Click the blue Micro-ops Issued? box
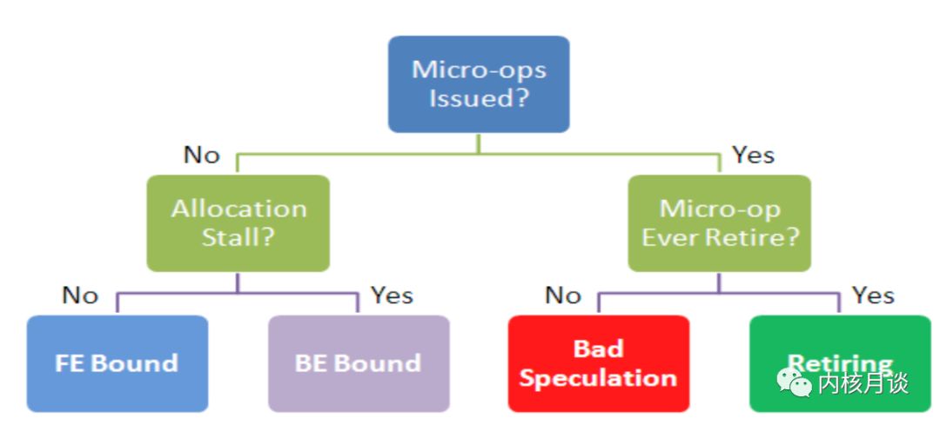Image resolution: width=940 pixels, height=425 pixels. coord(479,83)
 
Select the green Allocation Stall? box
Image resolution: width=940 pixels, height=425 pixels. coord(238,222)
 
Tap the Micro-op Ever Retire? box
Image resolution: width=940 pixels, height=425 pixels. coord(719,222)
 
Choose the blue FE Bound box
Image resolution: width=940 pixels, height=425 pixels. coord(117,362)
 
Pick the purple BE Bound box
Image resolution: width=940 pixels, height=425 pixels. coord(358,362)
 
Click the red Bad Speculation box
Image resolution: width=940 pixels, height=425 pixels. coord(598,362)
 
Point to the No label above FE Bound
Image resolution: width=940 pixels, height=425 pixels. coord(80,296)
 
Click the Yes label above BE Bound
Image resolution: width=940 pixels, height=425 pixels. coord(392,296)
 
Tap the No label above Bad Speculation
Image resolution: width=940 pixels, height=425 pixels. coord(563,296)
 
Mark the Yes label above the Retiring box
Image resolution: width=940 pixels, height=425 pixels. coord(873,296)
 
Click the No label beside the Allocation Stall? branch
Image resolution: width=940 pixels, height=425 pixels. coord(201,156)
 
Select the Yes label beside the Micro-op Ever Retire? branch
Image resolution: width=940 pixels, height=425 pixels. coord(753,156)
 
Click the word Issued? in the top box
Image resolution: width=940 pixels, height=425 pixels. coord(479,97)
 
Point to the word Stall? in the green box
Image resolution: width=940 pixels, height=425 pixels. coord(238,236)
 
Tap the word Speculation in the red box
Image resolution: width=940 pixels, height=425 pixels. coord(598,378)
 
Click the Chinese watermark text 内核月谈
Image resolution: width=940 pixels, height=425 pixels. coord(863,382)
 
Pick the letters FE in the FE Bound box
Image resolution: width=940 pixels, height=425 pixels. coord(69,362)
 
